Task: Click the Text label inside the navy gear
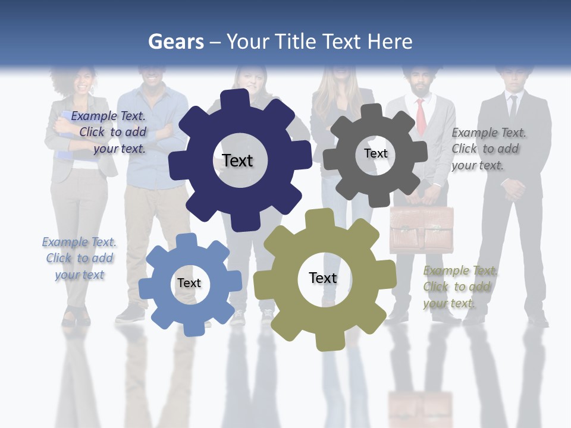tap(237, 160)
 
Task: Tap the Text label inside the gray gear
tap(375, 153)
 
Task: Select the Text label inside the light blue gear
tap(189, 284)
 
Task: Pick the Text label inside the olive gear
tap(323, 278)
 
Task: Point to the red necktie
tap(421, 117)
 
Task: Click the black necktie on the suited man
tap(513, 107)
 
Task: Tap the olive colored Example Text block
tap(460, 287)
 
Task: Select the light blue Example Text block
tap(79, 259)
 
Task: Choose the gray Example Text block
tap(488, 149)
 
